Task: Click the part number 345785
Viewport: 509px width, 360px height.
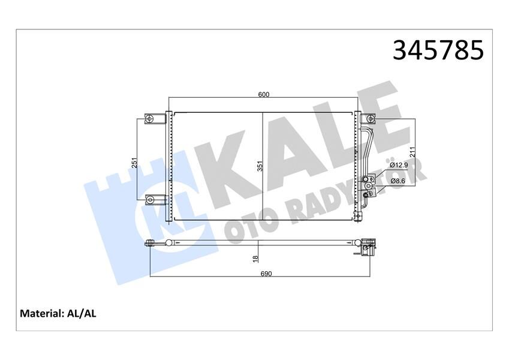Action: point(438,50)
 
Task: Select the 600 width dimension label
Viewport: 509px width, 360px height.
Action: point(264,94)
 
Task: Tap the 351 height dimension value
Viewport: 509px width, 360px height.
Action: point(260,166)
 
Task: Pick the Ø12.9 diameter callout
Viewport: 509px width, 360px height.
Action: point(399,164)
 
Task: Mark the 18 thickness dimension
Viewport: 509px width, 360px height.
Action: point(255,258)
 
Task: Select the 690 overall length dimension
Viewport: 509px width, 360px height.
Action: point(266,274)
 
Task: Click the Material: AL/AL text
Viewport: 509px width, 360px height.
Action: point(58,313)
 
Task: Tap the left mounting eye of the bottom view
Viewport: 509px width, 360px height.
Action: point(150,243)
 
